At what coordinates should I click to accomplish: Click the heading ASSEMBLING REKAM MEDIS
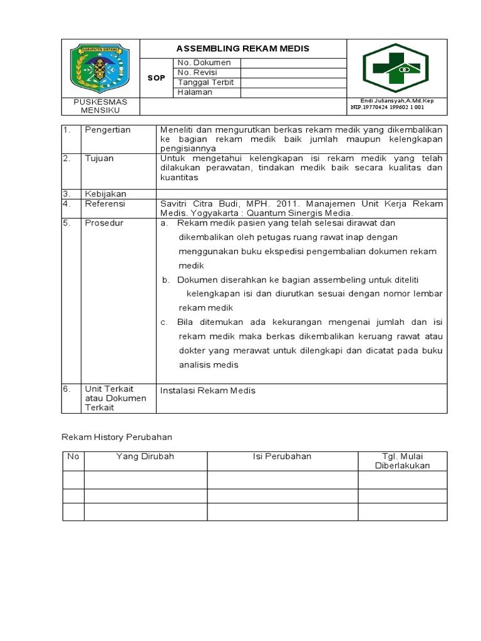(x=242, y=49)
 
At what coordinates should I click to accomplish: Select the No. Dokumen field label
(x=204, y=63)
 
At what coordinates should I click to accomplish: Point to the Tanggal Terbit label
(x=205, y=83)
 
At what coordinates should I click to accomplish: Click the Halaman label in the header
(x=195, y=92)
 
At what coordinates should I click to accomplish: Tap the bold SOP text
(x=156, y=78)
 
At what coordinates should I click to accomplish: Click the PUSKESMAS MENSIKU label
(x=100, y=106)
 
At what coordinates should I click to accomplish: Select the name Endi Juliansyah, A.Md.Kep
(x=396, y=101)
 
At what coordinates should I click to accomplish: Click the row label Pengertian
(x=108, y=130)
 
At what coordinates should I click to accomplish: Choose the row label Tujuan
(x=100, y=158)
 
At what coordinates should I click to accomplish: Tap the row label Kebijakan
(x=105, y=194)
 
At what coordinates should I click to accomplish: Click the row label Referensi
(x=105, y=203)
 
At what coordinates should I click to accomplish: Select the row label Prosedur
(x=104, y=223)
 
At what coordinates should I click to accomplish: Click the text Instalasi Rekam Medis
(x=208, y=391)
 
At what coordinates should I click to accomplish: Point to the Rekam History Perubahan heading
(x=116, y=436)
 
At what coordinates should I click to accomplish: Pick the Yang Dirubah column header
(x=145, y=456)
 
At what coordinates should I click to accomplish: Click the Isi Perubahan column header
(x=282, y=456)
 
